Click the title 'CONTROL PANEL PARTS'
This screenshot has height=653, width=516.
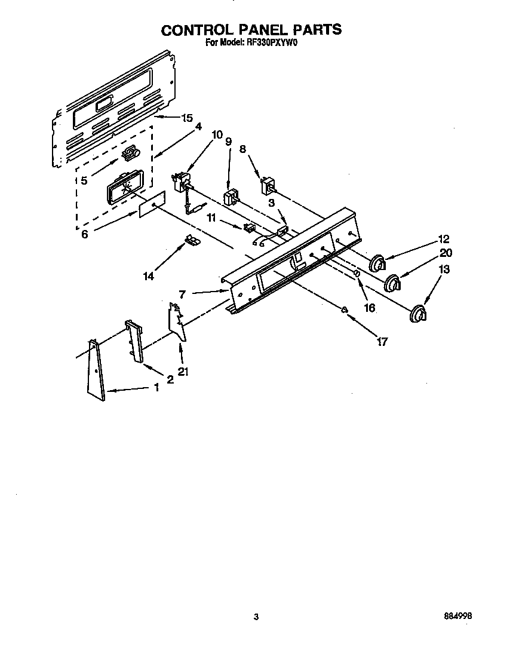(x=251, y=29)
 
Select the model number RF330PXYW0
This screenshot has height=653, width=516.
(x=272, y=43)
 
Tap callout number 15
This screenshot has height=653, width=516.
(x=188, y=118)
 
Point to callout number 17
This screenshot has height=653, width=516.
(x=382, y=342)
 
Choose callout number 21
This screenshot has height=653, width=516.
(x=183, y=372)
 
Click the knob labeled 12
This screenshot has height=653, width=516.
(x=377, y=262)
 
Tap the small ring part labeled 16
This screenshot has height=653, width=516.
(x=357, y=274)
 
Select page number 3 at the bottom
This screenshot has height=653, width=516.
(x=256, y=617)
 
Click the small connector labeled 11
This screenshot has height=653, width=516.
(x=250, y=227)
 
